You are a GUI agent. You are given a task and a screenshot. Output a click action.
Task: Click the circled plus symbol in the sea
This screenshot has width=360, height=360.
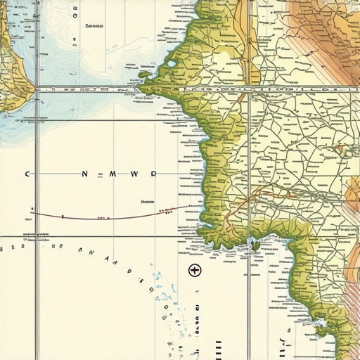coord(195,270)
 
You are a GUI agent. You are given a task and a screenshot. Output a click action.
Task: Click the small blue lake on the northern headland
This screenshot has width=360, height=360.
coord(172,66)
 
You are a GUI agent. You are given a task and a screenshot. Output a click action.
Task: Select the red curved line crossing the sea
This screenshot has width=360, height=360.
coord(105,216)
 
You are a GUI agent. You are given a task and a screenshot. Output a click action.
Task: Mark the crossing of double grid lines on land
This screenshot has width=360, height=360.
coord(248,90)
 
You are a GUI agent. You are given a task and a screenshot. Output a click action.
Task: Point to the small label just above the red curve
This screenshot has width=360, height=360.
coord(147,201)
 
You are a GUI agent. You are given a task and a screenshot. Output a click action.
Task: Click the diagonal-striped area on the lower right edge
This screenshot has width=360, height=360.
coord(345,281)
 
